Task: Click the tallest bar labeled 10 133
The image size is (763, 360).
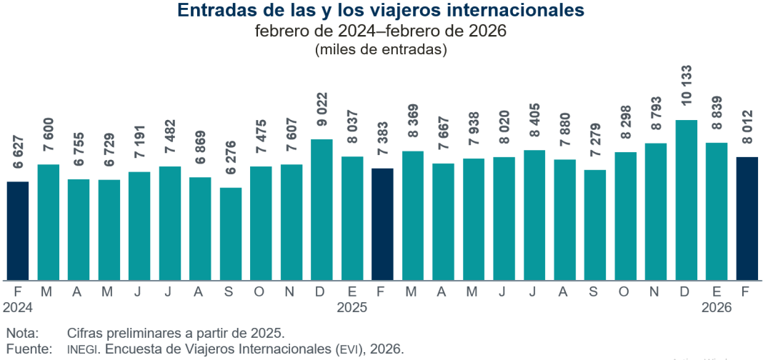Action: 687,200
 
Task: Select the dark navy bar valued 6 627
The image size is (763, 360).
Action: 18,231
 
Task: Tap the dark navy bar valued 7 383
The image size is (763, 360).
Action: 382,224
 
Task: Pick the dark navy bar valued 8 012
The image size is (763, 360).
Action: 747,219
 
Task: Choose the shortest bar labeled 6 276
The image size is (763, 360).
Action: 231,234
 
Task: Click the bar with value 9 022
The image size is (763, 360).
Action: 321,209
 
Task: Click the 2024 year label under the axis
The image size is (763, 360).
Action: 18,308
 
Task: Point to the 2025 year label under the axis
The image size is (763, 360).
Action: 352,308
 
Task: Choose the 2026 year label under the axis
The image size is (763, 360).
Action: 717,308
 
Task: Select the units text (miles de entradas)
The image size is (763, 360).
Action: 381,50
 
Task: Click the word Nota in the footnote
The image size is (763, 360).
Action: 21,334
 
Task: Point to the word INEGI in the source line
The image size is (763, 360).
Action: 81,349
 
